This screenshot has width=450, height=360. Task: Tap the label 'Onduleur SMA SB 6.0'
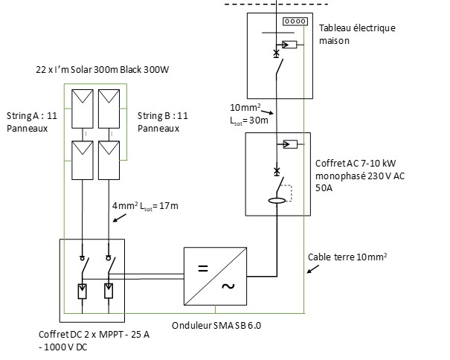[216, 326]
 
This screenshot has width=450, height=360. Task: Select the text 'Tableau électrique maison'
[357, 34]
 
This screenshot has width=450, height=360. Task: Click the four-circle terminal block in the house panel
[295, 22]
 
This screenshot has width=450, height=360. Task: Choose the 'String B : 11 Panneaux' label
[162, 122]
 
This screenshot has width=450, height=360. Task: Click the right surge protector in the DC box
[109, 290]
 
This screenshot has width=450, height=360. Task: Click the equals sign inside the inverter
[202, 264]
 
